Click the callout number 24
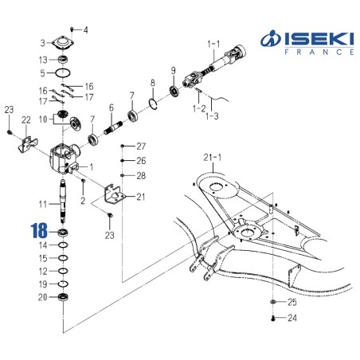click(x=292, y=319)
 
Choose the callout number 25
click(x=292, y=303)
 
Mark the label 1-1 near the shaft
click(x=214, y=42)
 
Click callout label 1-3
click(x=212, y=117)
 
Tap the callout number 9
click(x=173, y=71)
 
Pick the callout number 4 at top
click(x=87, y=30)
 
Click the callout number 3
click(x=43, y=43)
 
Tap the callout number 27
click(x=141, y=147)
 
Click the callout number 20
click(x=43, y=297)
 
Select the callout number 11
click(x=44, y=205)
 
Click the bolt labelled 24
click(x=274, y=319)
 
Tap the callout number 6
click(x=112, y=108)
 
